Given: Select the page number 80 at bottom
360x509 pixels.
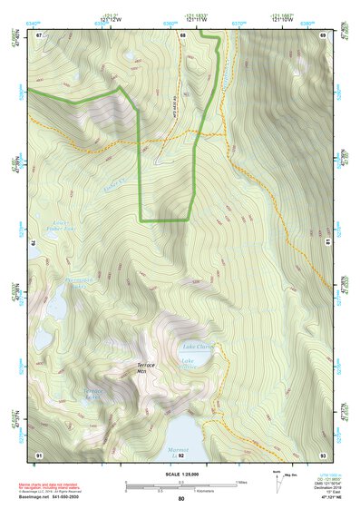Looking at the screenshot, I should tap(181, 499).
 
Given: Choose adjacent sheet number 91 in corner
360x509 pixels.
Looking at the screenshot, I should tap(39, 454).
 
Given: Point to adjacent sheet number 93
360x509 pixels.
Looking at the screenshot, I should tap(323, 454).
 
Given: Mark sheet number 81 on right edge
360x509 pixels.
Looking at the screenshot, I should tap(327, 243).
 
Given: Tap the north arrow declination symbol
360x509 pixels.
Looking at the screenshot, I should tap(276, 476).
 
